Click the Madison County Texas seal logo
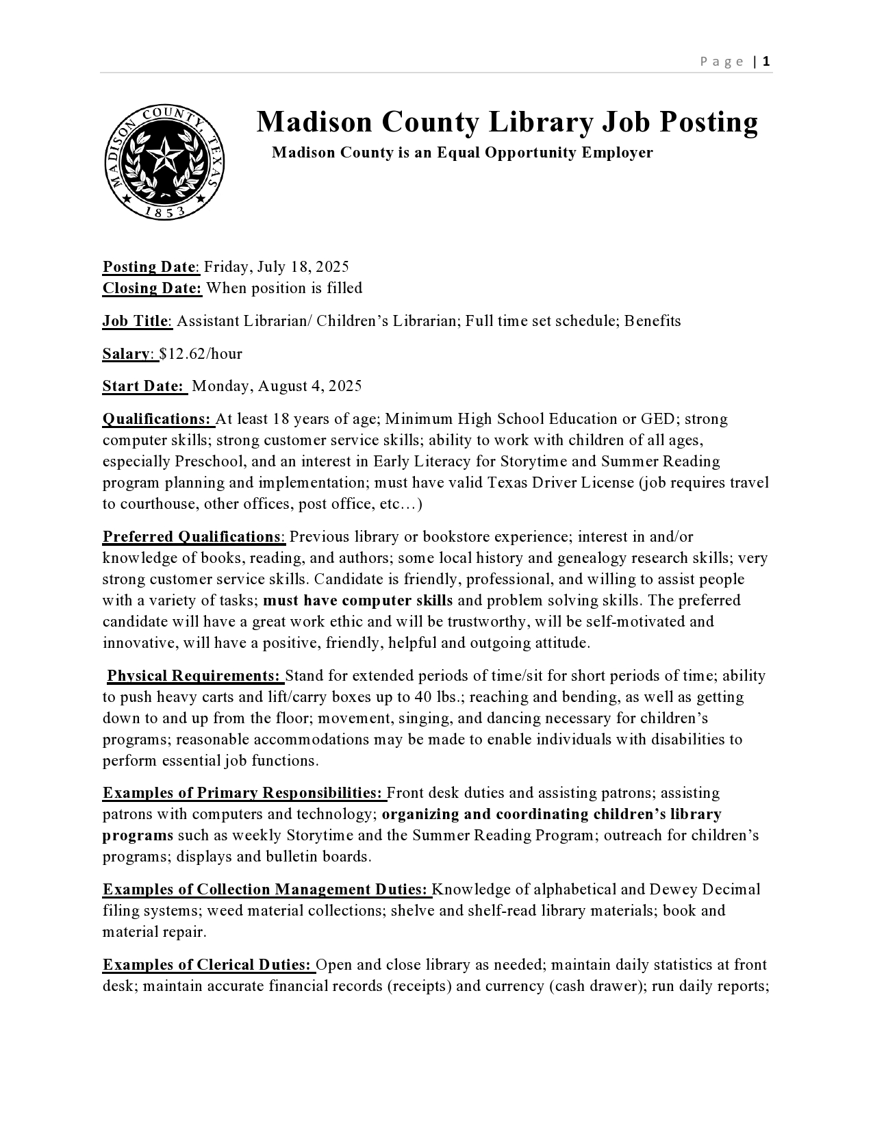(x=165, y=162)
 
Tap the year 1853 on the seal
(x=165, y=212)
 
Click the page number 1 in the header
(x=766, y=62)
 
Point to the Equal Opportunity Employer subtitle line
(x=462, y=153)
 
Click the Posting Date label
(x=150, y=267)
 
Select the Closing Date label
(x=152, y=288)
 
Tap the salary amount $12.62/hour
(x=201, y=354)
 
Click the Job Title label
(x=136, y=321)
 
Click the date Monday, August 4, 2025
(x=277, y=386)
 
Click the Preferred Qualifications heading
(x=192, y=537)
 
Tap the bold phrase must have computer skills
(x=357, y=601)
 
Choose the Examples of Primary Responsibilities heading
(x=242, y=793)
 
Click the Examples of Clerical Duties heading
(x=207, y=965)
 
